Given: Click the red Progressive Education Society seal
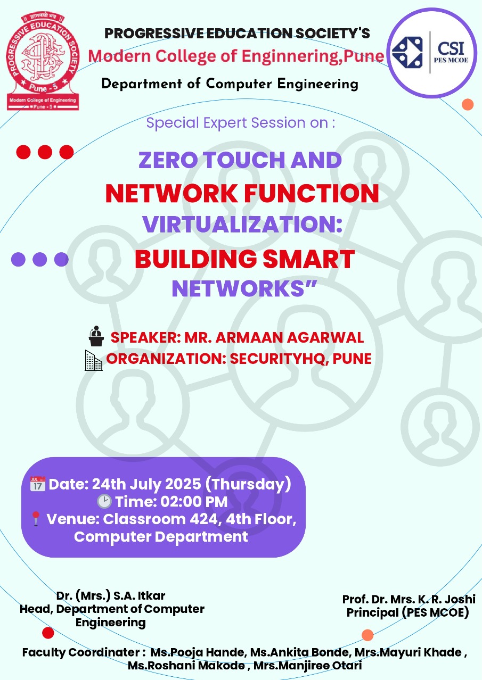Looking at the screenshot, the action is tap(43, 61).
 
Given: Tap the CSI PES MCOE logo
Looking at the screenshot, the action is tap(431, 53).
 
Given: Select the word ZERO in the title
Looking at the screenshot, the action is tap(168, 160).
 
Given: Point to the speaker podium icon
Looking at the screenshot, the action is tap(96, 336).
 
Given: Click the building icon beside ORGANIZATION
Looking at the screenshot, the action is tap(93, 360).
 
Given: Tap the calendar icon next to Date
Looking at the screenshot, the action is tap(38, 484).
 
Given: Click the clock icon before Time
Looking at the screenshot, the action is tap(104, 501).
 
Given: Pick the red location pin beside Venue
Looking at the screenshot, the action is tap(36, 519).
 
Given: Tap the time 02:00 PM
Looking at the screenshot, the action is tap(194, 502).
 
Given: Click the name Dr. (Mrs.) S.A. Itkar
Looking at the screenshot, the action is tap(111, 595).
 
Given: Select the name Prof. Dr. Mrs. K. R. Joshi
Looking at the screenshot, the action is tap(409, 599).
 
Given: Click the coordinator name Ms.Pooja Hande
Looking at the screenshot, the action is tap(197, 652).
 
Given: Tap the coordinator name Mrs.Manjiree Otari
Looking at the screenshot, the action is tap(307, 666).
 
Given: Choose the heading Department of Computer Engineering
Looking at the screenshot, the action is tap(230, 84).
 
